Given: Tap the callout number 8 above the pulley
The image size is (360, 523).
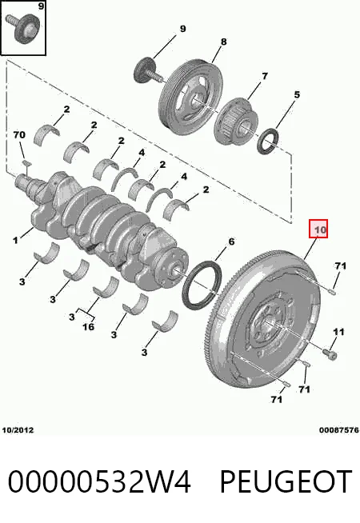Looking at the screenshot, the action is pyautogui.click(x=223, y=42).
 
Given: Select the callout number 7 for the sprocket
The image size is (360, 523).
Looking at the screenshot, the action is pyautogui.click(x=265, y=76).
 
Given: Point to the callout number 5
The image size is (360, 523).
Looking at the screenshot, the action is pyautogui.click(x=297, y=94).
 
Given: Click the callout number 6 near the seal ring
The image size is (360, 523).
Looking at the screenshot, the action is pyautogui.click(x=231, y=242).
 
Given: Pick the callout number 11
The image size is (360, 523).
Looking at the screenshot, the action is pyautogui.click(x=338, y=332).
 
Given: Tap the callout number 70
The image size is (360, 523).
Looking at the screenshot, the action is pyautogui.click(x=19, y=135).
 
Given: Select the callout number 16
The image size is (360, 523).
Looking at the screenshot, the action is pyautogui.click(x=89, y=326).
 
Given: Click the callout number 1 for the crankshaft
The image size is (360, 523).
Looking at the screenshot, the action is pyautogui.click(x=15, y=240).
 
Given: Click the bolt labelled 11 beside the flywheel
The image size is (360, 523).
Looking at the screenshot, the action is pyautogui.click(x=330, y=353).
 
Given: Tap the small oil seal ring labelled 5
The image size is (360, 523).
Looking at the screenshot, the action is pyautogui.click(x=268, y=142).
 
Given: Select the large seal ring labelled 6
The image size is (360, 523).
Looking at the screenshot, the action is pyautogui.click(x=202, y=285).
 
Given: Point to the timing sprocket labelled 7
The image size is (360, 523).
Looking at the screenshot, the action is pyautogui.click(x=237, y=121).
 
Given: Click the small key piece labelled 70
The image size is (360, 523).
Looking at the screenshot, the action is pyautogui.click(x=26, y=163).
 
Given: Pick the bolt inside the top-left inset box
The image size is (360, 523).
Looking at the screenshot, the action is pyautogui.click(x=23, y=29).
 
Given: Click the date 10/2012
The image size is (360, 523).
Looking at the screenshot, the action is pyautogui.click(x=18, y=430).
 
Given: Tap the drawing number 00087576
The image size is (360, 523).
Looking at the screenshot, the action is pyautogui.click(x=339, y=430).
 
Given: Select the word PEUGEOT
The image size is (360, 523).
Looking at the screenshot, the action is pyautogui.click(x=286, y=481).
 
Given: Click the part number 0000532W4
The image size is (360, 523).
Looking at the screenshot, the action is pyautogui.click(x=99, y=481).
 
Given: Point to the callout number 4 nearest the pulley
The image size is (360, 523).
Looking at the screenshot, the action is pyautogui.click(x=142, y=153).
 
